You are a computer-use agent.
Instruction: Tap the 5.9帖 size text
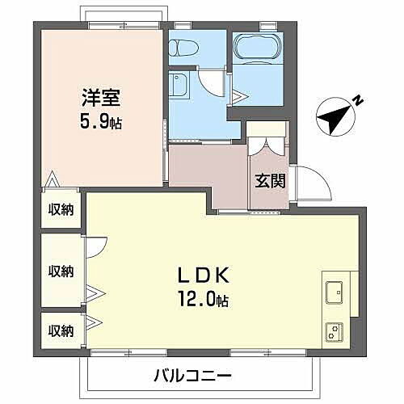click(x=102, y=124)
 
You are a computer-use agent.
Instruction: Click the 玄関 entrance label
click(x=270, y=180)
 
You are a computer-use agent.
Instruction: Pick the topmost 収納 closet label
click(x=61, y=209)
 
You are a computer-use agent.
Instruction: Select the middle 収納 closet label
click(x=61, y=271)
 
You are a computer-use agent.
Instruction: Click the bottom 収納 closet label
click(x=61, y=330)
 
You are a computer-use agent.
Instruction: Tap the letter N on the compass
click(x=357, y=100)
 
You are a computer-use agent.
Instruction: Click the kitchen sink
click(x=335, y=290)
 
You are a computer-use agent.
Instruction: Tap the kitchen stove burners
click(x=335, y=330)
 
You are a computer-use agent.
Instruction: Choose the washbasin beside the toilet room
click(x=179, y=85)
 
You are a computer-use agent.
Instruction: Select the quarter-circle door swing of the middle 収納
click(x=95, y=246)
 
